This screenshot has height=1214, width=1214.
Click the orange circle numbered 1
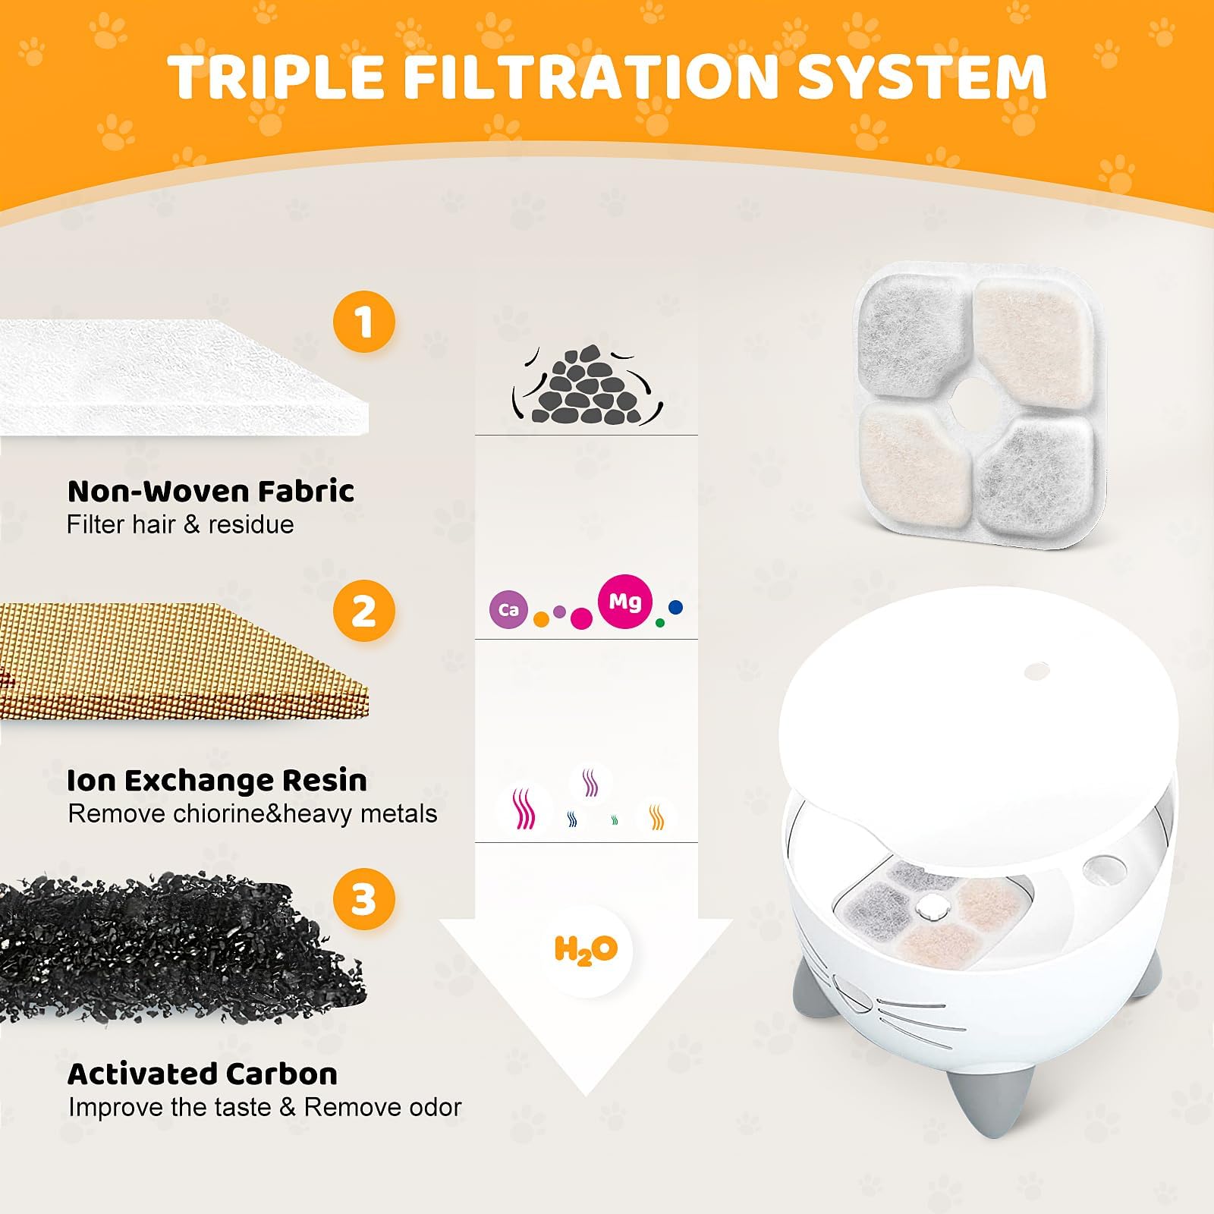(364, 322)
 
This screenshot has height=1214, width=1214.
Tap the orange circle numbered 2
(364, 611)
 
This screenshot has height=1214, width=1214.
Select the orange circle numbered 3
(364, 899)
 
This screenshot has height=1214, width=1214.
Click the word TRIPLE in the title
(275, 77)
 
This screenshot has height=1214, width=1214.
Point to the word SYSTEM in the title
(923, 77)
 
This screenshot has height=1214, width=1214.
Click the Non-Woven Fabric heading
(211, 492)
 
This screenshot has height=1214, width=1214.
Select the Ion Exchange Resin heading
(217, 781)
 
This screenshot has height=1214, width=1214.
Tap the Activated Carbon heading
(203, 1074)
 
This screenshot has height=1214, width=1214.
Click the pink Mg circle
(624, 602)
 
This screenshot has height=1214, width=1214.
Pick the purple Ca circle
(508, 610)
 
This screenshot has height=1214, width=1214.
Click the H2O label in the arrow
(587, 950)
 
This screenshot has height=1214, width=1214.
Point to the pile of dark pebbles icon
(587, 385)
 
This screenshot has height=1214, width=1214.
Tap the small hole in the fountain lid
(1036, 671)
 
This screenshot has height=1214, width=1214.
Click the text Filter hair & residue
(180, 525)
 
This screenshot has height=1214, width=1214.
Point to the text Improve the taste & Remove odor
(265, 1108)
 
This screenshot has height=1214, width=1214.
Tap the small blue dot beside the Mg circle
(676, 607)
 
